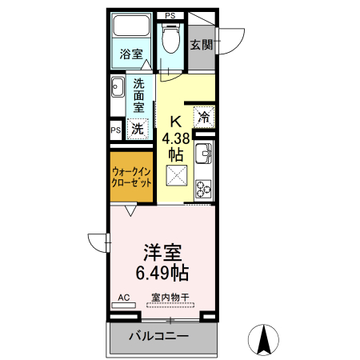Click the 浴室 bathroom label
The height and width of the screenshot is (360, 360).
131,54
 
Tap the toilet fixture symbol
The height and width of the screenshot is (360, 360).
170,36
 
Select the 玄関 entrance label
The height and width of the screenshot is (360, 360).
201,45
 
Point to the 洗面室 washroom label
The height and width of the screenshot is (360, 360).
139,95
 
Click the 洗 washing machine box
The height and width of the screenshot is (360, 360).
138,127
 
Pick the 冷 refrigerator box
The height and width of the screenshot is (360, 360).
203,116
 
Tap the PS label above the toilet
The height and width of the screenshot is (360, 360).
170,15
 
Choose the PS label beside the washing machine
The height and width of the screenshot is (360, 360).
116,129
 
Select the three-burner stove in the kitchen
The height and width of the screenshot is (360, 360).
203,188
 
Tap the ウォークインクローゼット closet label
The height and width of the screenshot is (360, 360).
131,176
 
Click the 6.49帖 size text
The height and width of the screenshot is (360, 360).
163,273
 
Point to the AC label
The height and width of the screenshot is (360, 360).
123,298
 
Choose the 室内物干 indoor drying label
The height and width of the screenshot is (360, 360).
170,298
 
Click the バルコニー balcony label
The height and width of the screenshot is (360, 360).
159,336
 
